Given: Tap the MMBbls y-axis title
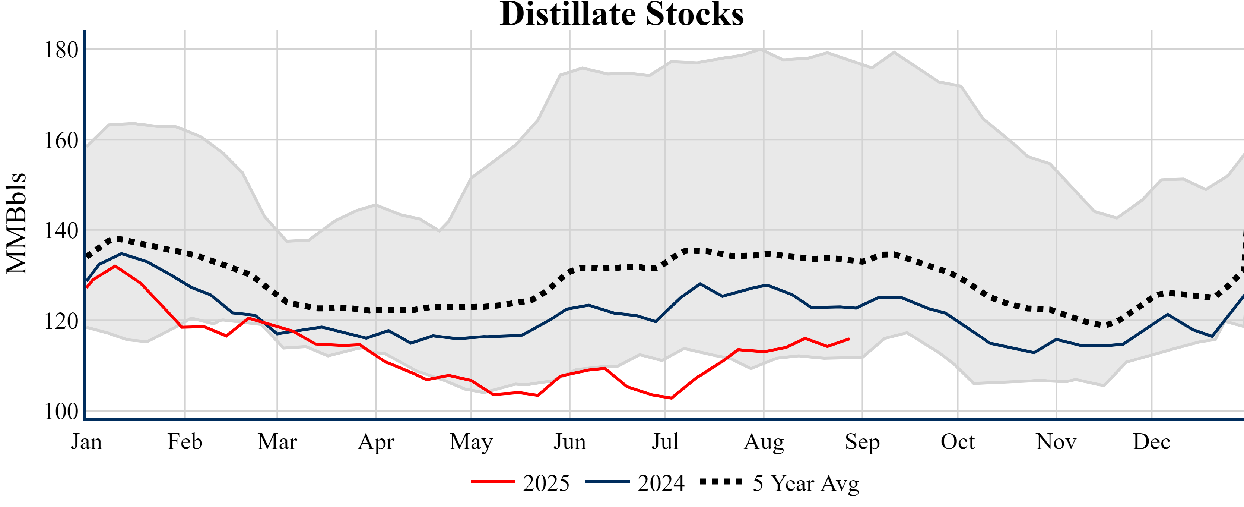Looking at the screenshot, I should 16,223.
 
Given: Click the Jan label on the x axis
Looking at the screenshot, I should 86,442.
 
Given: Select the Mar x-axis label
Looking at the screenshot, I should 277,442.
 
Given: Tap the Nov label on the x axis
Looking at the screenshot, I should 1056,442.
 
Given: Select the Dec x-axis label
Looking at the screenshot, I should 1151,442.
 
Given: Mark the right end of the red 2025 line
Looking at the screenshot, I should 849,339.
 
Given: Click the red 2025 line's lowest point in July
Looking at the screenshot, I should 671,398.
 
